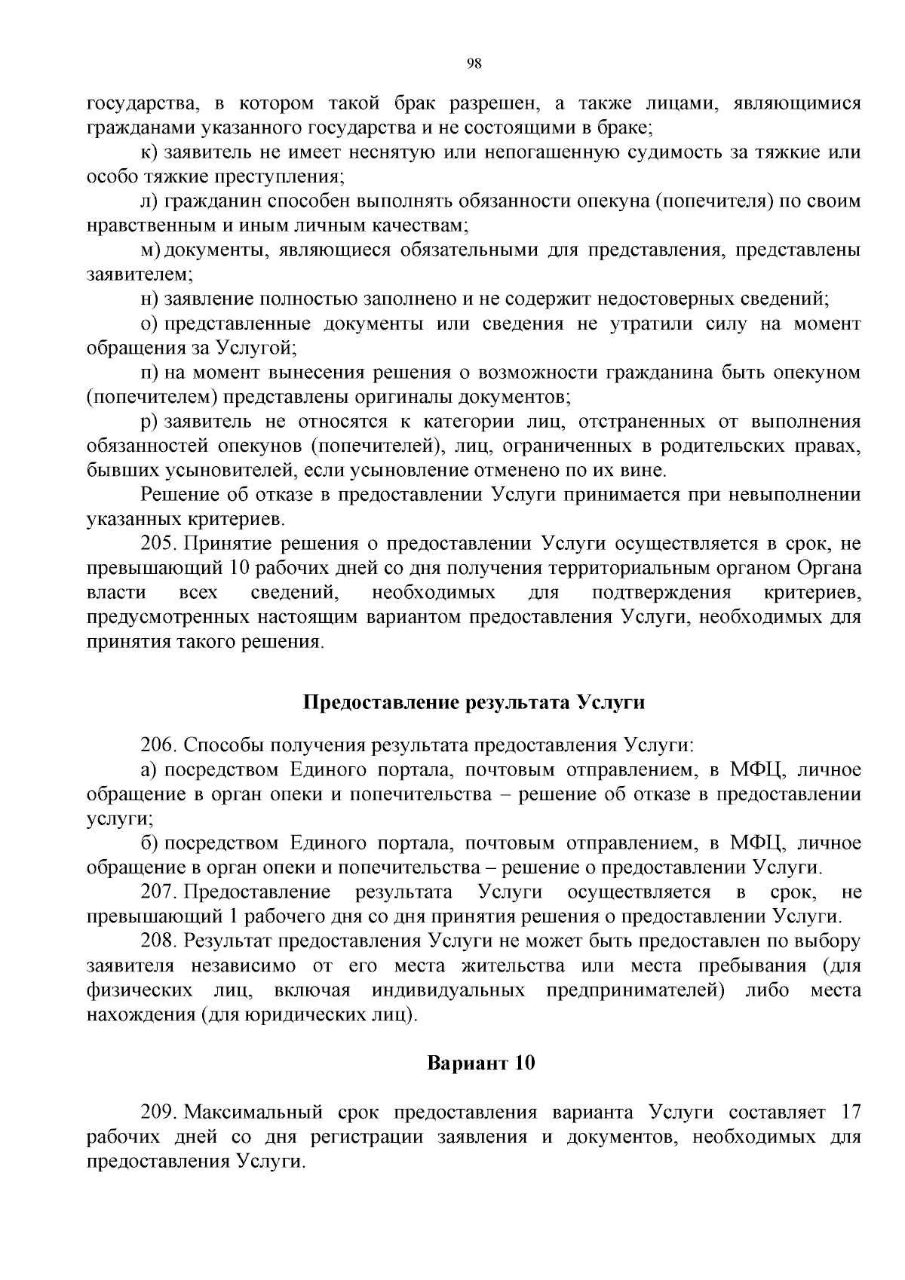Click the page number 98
pyautogui.click(x=474, y=63)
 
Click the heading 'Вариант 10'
pyautogui.click(x=481, y=1064)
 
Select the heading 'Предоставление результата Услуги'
pyautogui.click(x=474, y=702)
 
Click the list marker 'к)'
pyautogui.click(x=149, y=152)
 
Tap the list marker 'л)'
pyautogui.click(x=149, y=201)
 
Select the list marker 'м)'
pyautogui.click(x=149, y=250)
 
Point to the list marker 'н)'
pyautogui.click(x=149, y=299)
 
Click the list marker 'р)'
pyautogui.click(x=149, y=422)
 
